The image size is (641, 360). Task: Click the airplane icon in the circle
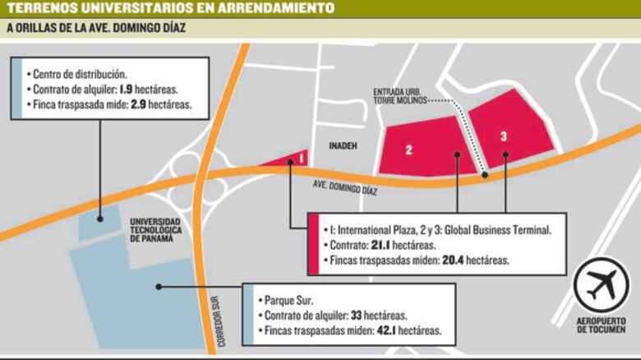[x=606, y=284]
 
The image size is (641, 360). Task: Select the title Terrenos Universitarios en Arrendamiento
[x=171, y=8]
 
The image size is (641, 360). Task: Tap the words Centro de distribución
[x=81, y=73]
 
